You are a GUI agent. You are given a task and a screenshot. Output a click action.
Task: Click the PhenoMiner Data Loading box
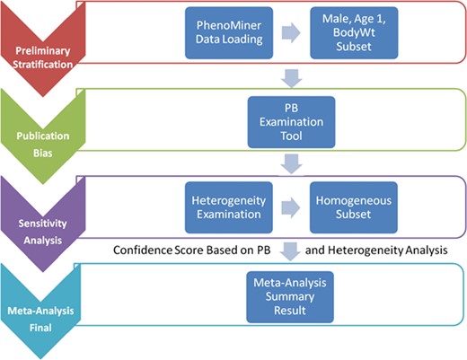225,39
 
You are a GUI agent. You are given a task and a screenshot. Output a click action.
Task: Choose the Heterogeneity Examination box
225,203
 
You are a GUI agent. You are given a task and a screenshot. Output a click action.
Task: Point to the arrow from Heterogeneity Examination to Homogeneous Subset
285,203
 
